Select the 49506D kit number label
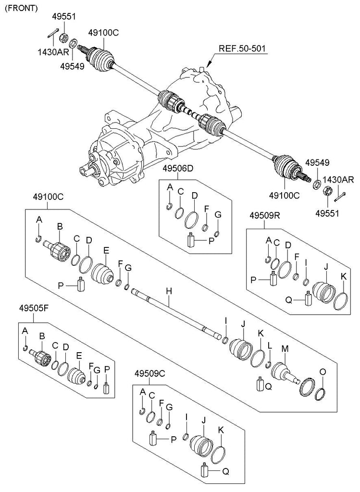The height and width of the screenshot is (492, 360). tap(177, 169)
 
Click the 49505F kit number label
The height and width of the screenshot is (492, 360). tap(34, 308)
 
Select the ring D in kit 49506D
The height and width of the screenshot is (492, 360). tap(191, 218)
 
